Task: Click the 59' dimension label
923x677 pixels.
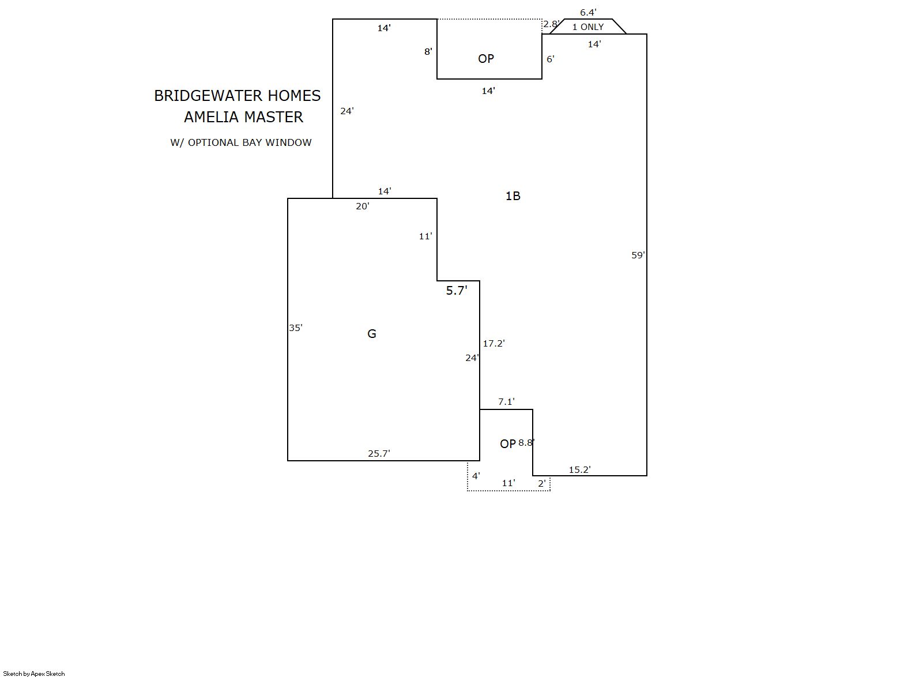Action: [x=638, y=255]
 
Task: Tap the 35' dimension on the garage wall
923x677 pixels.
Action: [x=295, y=328]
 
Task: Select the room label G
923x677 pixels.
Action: [x=372, y=334]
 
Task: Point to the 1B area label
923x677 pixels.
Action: [x=513, y=196]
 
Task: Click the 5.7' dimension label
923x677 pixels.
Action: [x=457, y=291]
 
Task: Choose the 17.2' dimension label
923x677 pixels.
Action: [x=493, y=343]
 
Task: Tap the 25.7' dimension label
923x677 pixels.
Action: [x=379, y=453]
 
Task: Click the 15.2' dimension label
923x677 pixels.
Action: [x=580, y=469]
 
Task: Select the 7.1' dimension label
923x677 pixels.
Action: [x=506, y=401]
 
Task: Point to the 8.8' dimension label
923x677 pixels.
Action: [x=526, y=442]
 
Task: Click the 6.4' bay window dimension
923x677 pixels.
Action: [x=589, y=12]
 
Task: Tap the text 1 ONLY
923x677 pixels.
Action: [x=588, y=27]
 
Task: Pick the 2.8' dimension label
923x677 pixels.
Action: [x=551, y=24]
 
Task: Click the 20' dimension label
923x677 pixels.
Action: [x=363, y=206]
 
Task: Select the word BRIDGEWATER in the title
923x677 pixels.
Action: [x=209, y=96]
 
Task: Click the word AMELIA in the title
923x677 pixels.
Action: [x=210, y=117]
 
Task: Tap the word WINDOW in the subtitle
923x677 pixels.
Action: [x=288, y=142]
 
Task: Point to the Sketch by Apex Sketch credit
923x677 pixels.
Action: [x=34, y=674]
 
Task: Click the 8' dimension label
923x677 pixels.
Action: [x=428, y=51]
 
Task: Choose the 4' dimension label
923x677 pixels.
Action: [x=476, y=476]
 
